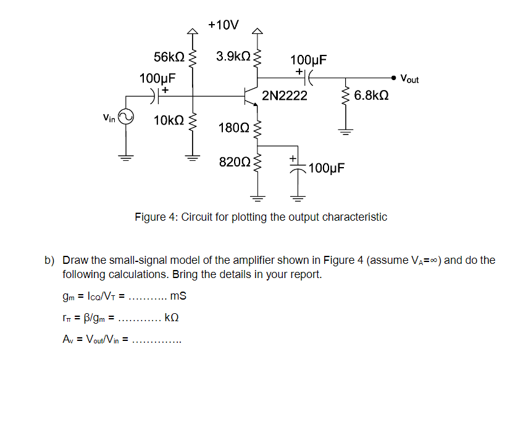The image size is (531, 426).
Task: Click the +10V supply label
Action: click(224, 25)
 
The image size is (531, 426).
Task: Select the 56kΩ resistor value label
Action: click(169, 57)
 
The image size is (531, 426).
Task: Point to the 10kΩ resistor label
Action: click(169, 120)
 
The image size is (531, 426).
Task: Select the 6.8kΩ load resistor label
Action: click(371, 96)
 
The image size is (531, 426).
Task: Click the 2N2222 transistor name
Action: click(285, 96)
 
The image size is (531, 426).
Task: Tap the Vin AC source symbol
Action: click(126, 117)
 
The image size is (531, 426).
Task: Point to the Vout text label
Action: click(409, 79)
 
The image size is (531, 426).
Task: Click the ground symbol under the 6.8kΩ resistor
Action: click(345, 131)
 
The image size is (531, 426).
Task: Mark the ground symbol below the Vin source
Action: click(126, 157)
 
